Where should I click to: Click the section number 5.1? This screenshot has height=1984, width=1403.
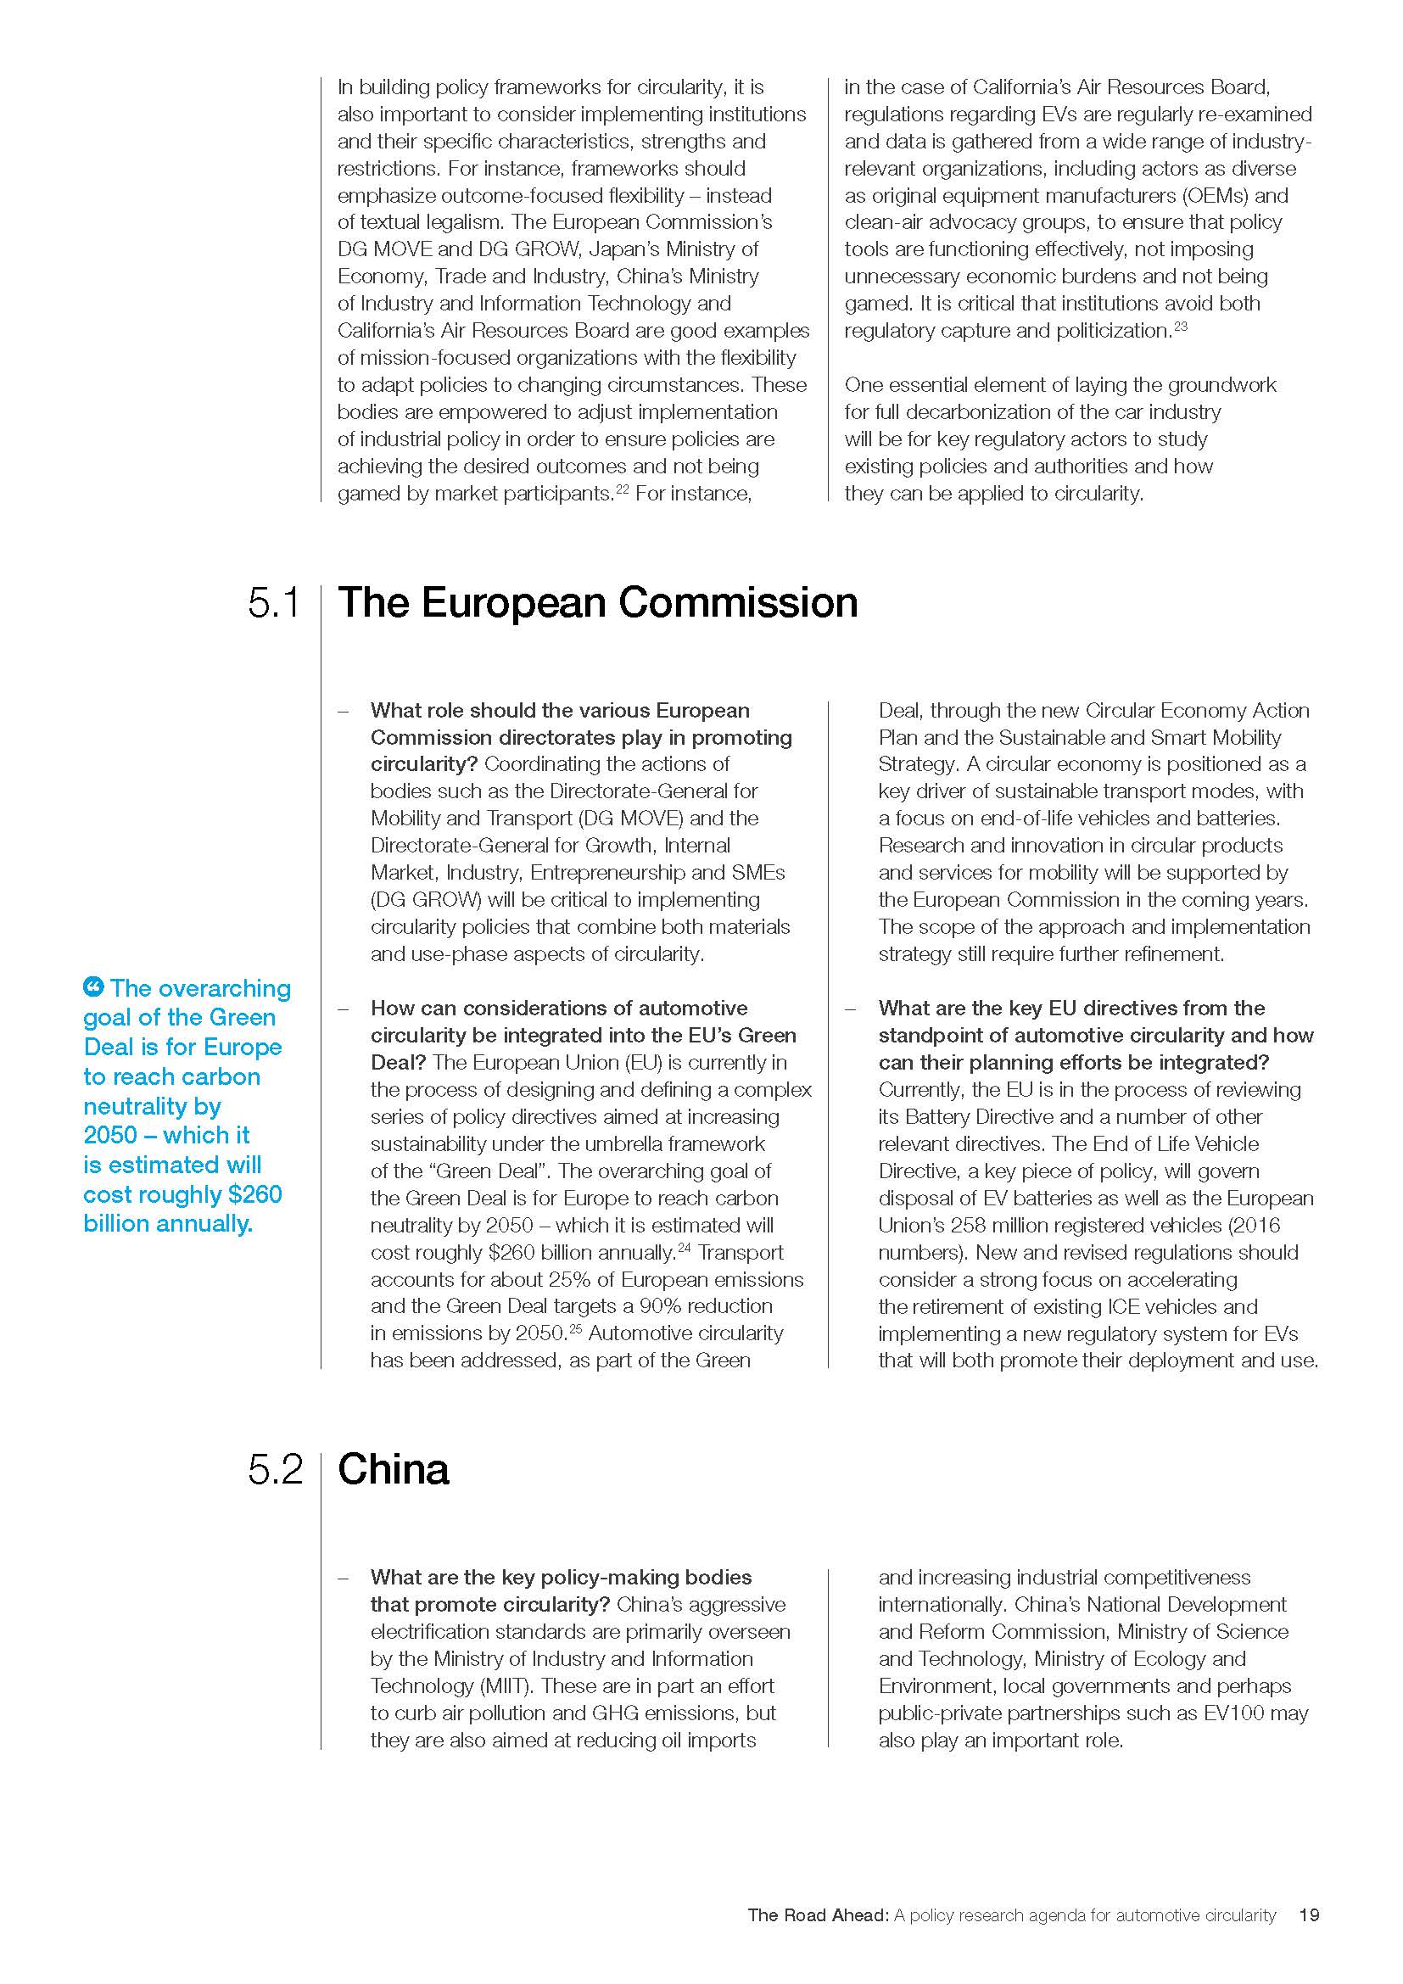pyautogui.click(x=274, y=602)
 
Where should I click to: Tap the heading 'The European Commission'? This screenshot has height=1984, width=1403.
pyautogui.click(x=597, y=602)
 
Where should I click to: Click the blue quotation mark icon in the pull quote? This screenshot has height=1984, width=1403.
pyautogui.click(x=93, y=986)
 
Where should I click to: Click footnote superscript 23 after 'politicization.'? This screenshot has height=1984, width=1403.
pyautogui.click(x=1181, y=327)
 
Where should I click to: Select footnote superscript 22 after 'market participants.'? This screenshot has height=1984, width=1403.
pyautogui.click(x=621, y=490)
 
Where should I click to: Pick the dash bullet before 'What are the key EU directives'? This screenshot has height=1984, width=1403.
pyautogui.click(x=851, y=1009)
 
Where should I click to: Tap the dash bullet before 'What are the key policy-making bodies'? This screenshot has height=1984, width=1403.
pyautogui.click(x=344, y=1578)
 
